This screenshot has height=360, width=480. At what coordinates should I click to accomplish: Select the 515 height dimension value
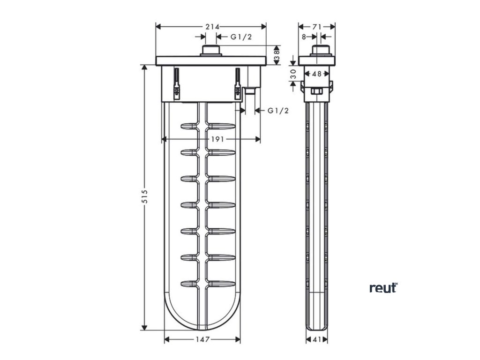[x=145, y=196]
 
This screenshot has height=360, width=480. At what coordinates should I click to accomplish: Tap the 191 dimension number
[x=217, y=139]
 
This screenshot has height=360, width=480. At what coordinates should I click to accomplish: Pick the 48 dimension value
[x=317, y=74]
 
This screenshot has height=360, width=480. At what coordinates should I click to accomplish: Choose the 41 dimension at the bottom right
[x=317, y=339]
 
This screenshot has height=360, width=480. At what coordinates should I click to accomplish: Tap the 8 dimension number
[x=304, y=37]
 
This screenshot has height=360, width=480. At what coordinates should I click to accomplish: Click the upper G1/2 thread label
[x=241, y=37]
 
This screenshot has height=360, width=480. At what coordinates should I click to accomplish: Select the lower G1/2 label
[x=278, y=111]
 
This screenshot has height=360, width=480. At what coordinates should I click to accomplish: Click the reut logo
[x=383, y=288]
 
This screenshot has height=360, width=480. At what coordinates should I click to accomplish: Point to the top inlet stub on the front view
[x=211, y=51]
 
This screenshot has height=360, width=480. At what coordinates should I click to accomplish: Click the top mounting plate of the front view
[x=210, y=61]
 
